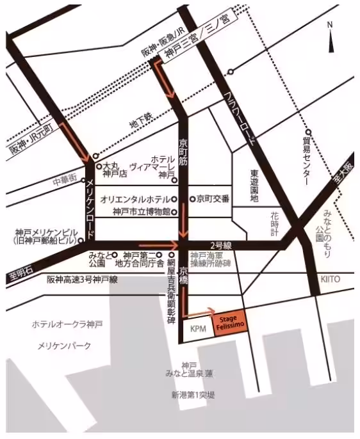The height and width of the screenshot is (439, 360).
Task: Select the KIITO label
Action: point(331,279)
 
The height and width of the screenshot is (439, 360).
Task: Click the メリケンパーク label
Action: point(64,346)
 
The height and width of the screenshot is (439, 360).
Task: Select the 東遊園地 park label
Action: point(254,186)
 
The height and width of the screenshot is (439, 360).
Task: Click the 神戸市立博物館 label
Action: point(140,211)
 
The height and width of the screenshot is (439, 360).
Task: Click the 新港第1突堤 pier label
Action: point(193,395)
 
